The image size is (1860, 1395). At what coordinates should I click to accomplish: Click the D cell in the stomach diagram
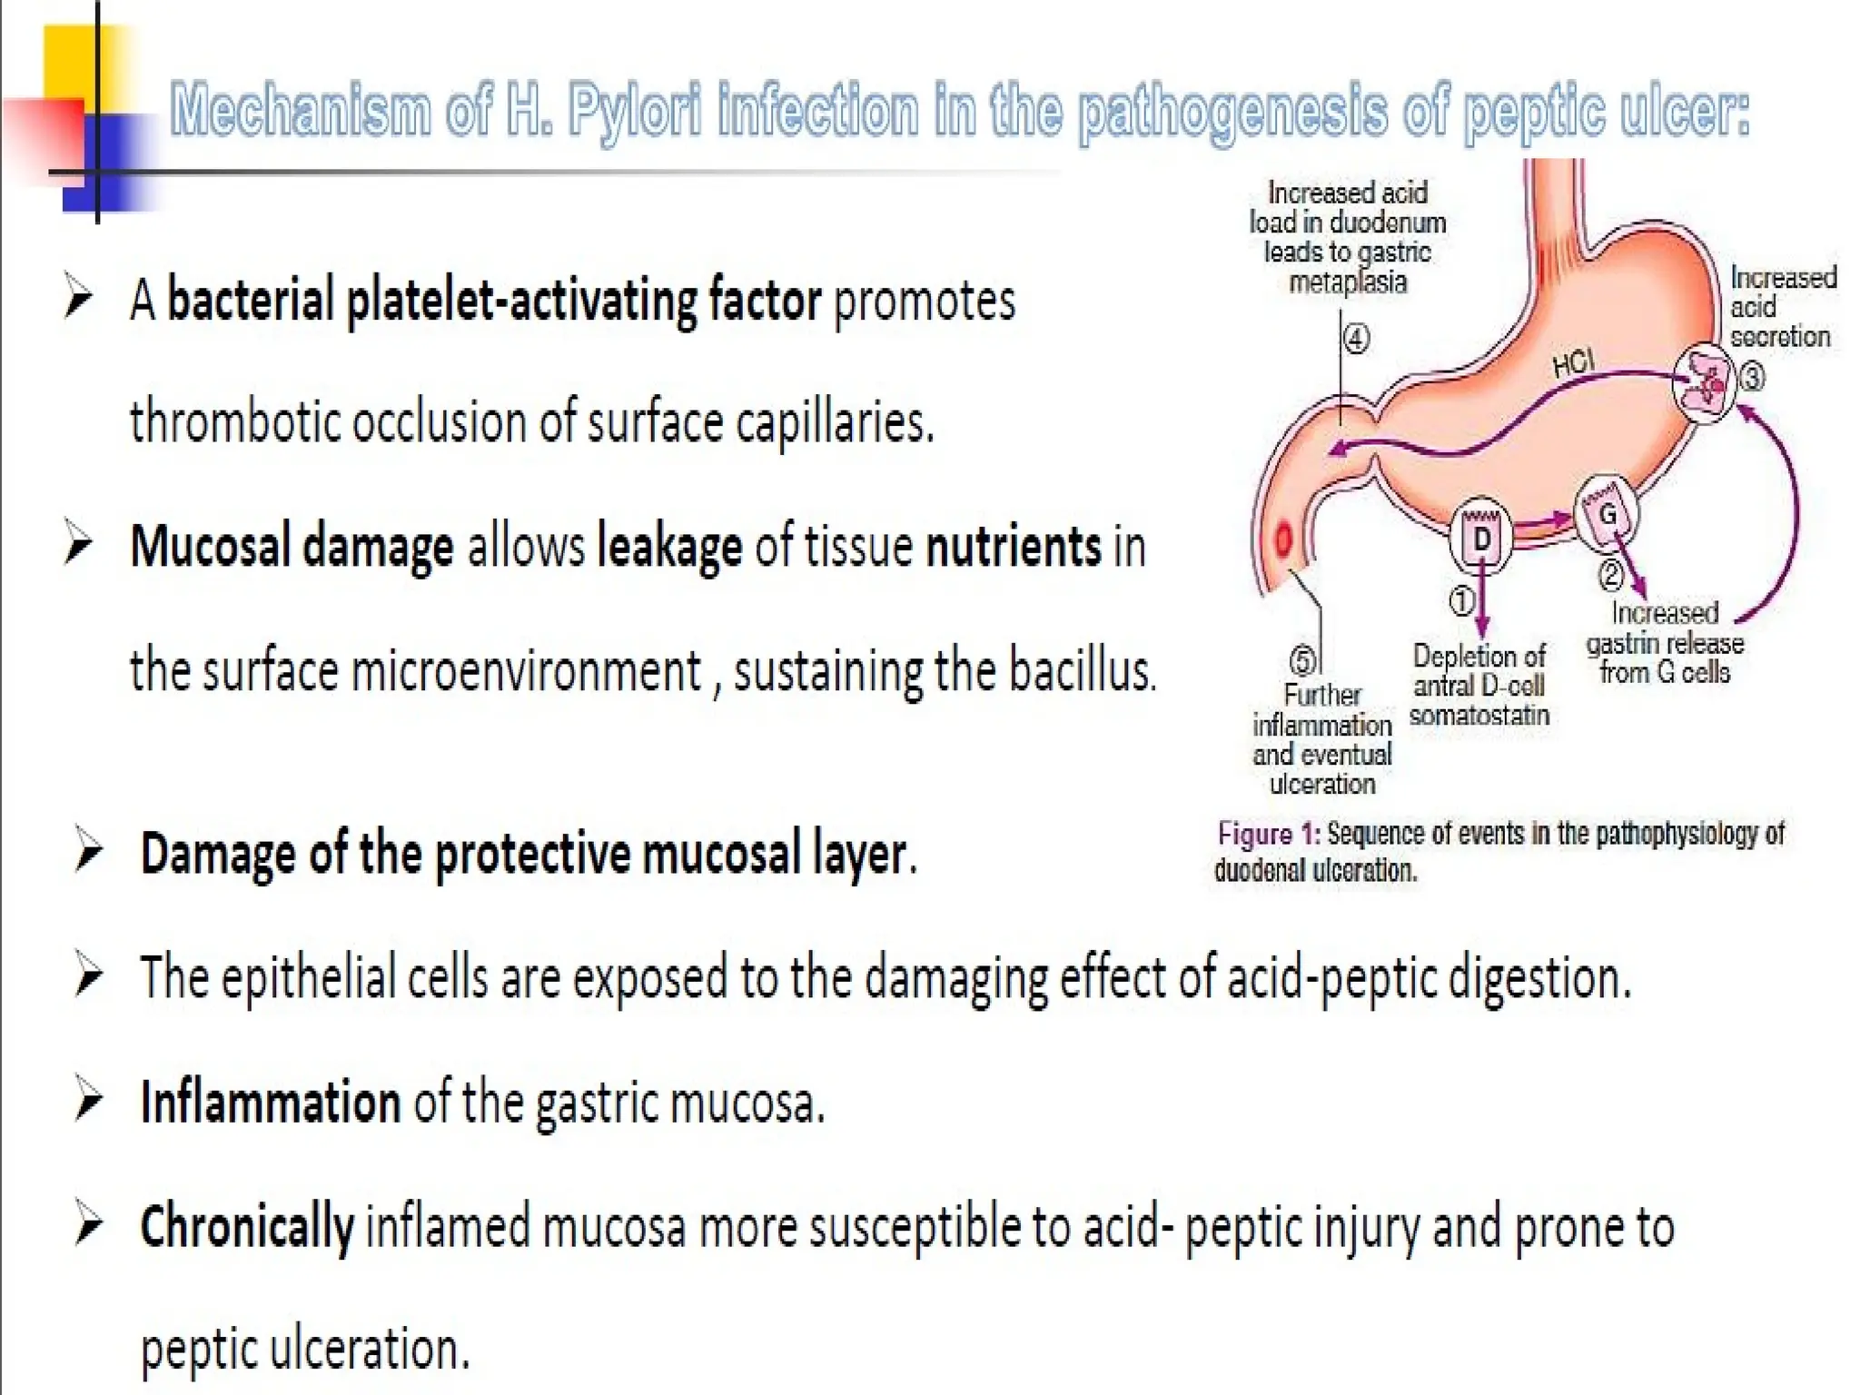tap(1481, 539)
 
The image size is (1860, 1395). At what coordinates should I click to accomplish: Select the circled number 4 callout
tap(1356, 340)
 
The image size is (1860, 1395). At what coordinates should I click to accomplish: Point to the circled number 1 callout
tap(1460, 600)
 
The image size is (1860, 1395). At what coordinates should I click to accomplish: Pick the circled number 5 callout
tap(1302, 660)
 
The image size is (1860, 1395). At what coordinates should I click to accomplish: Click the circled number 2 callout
tap(1610, 574)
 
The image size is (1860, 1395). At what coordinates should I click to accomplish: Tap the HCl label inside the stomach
tap(1573, 363)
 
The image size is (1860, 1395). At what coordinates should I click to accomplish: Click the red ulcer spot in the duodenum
tap(1283, 540)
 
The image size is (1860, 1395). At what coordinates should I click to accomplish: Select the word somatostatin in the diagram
tap(1479, 716)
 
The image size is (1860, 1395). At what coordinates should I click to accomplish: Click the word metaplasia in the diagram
tap(1348, 282)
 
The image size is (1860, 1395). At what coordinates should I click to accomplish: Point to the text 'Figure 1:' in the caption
tap(1268, 834)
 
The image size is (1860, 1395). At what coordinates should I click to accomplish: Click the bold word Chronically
tap(246, 1226)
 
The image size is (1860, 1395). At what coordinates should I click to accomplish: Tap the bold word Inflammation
tap(271, 1103)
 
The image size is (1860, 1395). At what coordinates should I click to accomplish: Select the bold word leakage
tap(668, 547)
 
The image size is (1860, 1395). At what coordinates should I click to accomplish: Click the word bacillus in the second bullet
tap(1082, 671)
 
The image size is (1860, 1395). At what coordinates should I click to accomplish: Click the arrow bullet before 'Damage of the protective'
tap(88, 852)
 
